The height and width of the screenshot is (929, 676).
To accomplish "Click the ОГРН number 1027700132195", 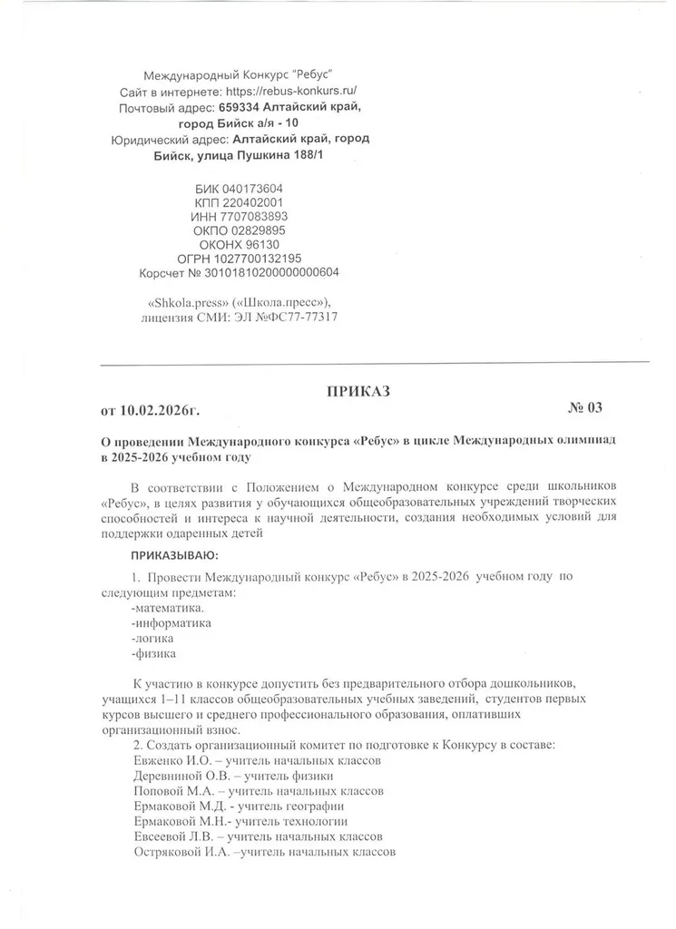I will click(x=261, y=258).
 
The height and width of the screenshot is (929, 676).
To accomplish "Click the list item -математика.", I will click(x=168, y=607).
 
